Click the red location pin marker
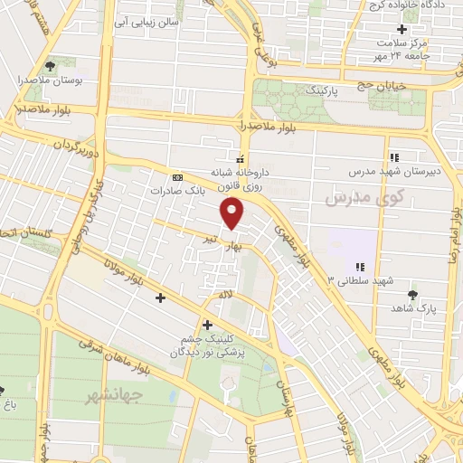(x=233, y=213)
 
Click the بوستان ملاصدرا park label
(x=49, y=80)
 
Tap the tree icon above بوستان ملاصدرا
(x=49, y=65)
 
